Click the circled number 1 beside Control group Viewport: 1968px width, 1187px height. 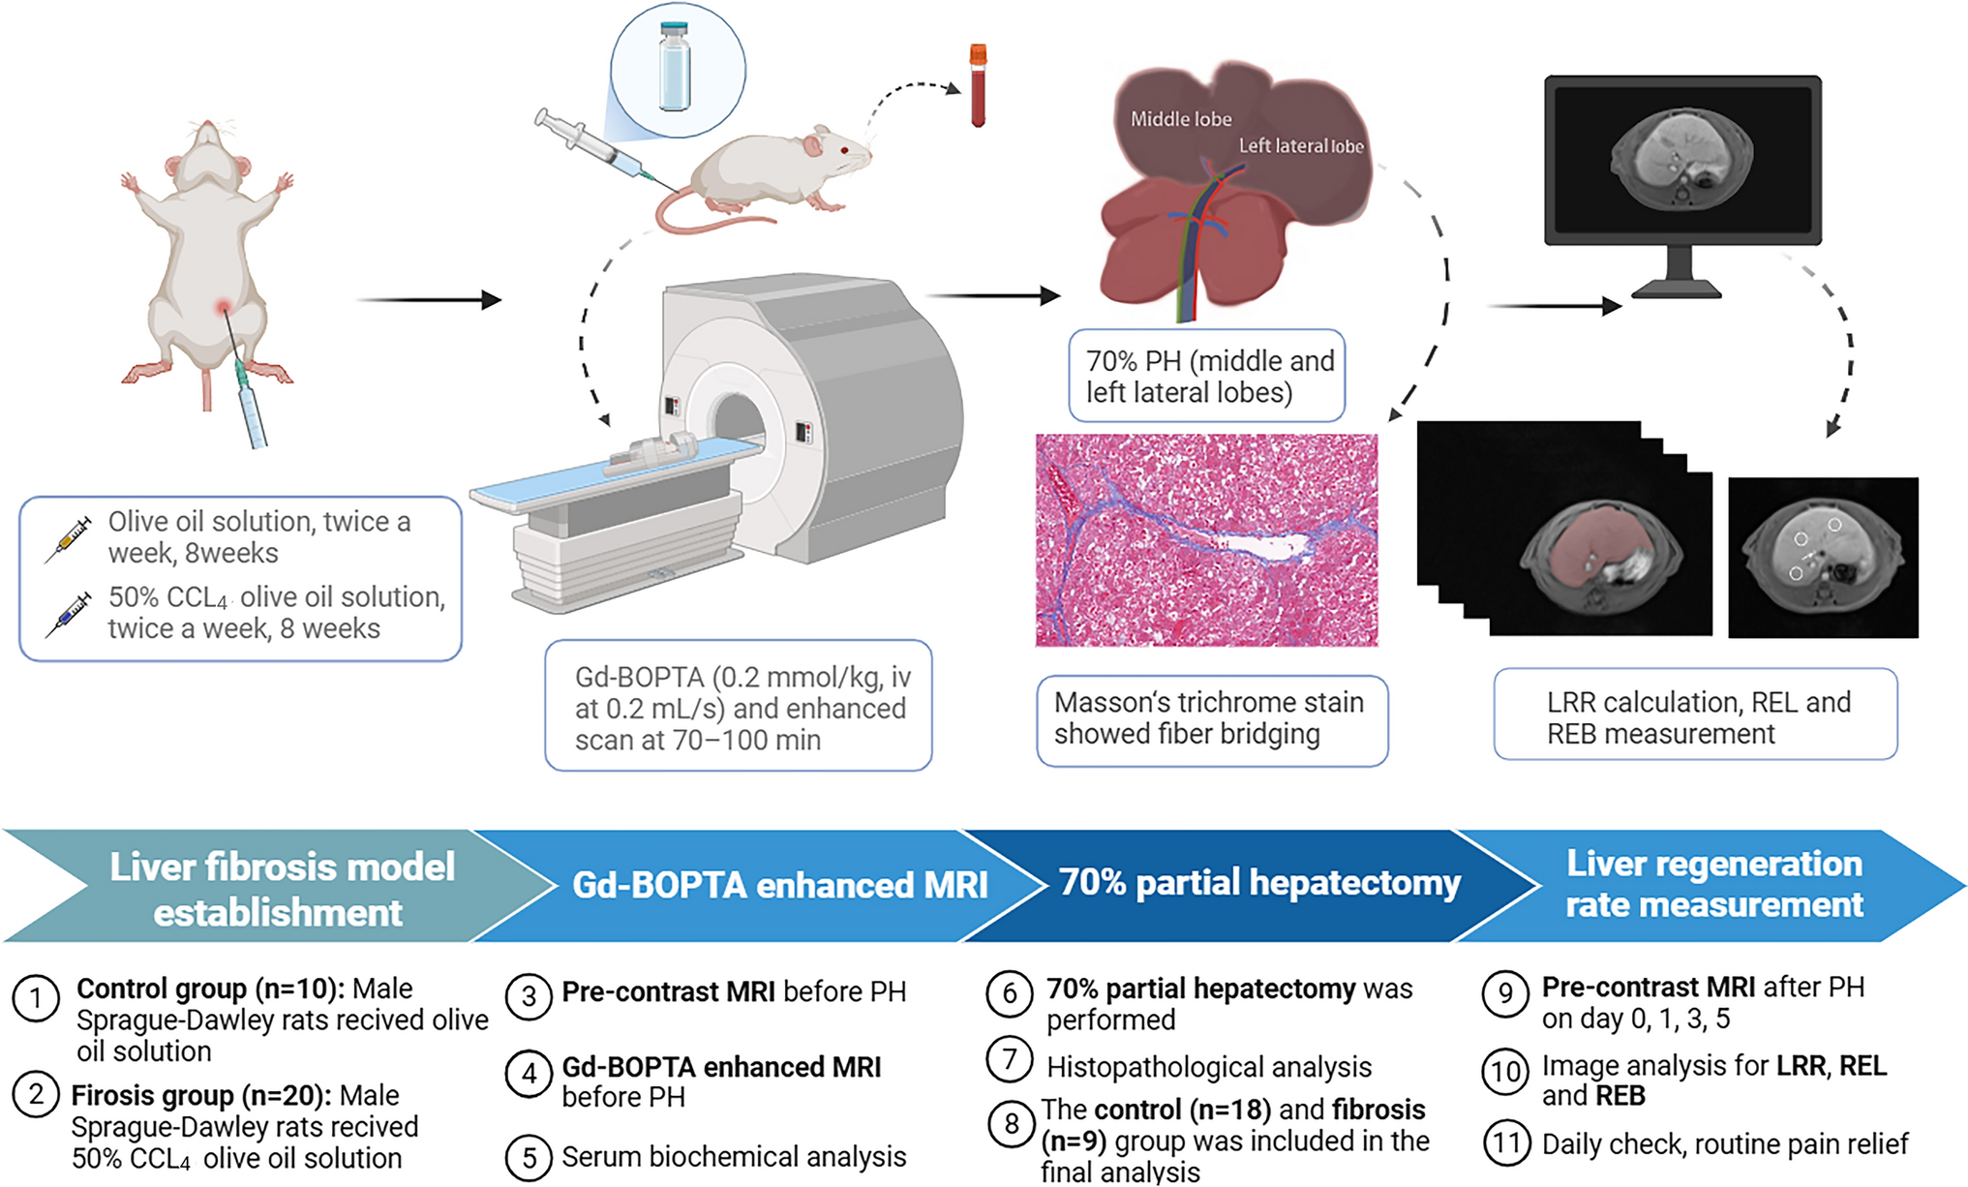[x=36, y=998]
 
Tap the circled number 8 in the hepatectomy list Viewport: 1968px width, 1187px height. [x=1011, y=1124]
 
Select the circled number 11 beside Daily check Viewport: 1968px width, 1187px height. [x=1506, y=1143]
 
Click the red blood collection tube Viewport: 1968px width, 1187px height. [x=978, y=86]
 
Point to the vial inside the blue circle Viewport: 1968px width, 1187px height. [x=675, y=68]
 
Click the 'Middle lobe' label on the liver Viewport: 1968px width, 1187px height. [x=1181, y=119]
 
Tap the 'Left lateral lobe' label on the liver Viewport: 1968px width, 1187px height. [x=1301, y=146]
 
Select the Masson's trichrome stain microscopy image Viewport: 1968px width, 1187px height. [x=1206, y=540]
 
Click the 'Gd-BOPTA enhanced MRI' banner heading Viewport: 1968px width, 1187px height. [x=779, y=885]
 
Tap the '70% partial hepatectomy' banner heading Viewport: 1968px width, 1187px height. [x=1258, y=882]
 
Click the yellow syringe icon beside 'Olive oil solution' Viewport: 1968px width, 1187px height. [x=68, y=538]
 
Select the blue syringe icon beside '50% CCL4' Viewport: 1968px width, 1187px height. [x=68, y=614]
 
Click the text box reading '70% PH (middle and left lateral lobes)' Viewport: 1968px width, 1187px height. [x=1207, y=376]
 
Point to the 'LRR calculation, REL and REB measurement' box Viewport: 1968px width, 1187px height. [x=1695, y=716]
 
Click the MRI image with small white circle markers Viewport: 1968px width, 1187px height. [x=1822, y=557]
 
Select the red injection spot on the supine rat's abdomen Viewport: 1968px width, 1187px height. [x=225, y=308]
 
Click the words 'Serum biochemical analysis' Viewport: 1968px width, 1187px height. [x=734, y=1157]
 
